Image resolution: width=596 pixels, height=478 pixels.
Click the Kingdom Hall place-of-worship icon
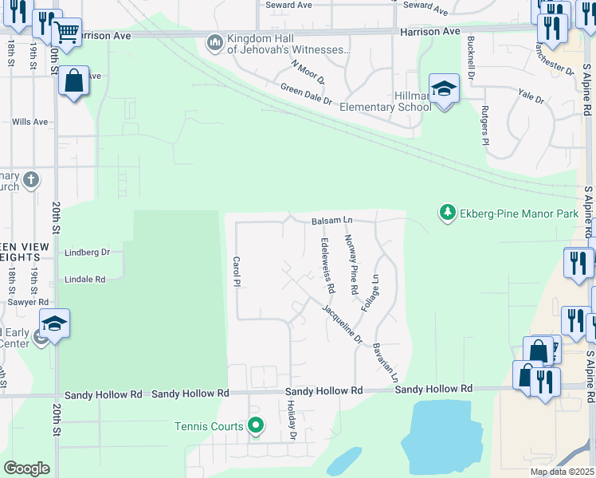[x=214, y=42]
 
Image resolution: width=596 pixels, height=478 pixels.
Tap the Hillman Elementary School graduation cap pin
[x=444, y=88]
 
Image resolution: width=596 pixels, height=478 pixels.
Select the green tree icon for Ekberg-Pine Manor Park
[x=448, y=212]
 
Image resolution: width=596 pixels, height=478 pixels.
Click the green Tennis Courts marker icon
[x=255, y=426]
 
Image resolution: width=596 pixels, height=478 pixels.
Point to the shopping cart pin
[x=67, y=33]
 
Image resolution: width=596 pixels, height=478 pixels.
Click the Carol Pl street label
[x=237, y=272]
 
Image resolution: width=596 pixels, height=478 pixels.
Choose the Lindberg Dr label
[x=87, y=252]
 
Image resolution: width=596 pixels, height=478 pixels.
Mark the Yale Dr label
[x=531, y=100]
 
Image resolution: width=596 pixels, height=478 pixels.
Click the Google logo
[x=26, y=468]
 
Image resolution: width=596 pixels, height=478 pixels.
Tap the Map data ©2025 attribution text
[x=563, y=472]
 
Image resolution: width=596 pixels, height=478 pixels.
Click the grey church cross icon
[x=30, y=179]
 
